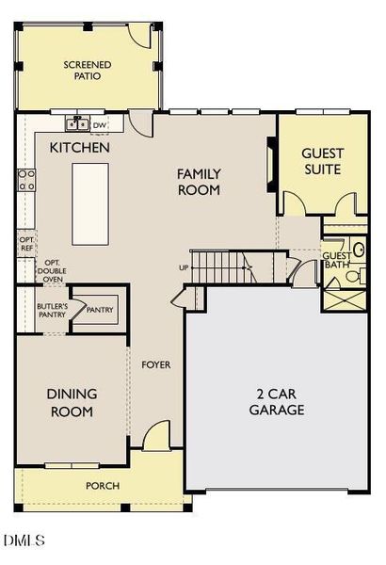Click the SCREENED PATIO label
tap(87, 71)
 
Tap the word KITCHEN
tap(80, 148)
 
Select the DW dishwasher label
tap(100, 124)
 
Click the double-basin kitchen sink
tap(77, 124)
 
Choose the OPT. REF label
tap(26, 243)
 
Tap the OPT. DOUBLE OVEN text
tap(54, 269)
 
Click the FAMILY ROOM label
tap(200, 182)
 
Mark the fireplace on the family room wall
tap(270, 164)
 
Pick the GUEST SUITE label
tap(322, 161)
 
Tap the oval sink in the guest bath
tap(359, 250)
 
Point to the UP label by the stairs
tap(184, 268)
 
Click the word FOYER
tap(155, 364)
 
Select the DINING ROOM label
tap(72, 402)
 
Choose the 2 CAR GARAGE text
tap(276, 402)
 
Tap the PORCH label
tap(102, 486)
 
